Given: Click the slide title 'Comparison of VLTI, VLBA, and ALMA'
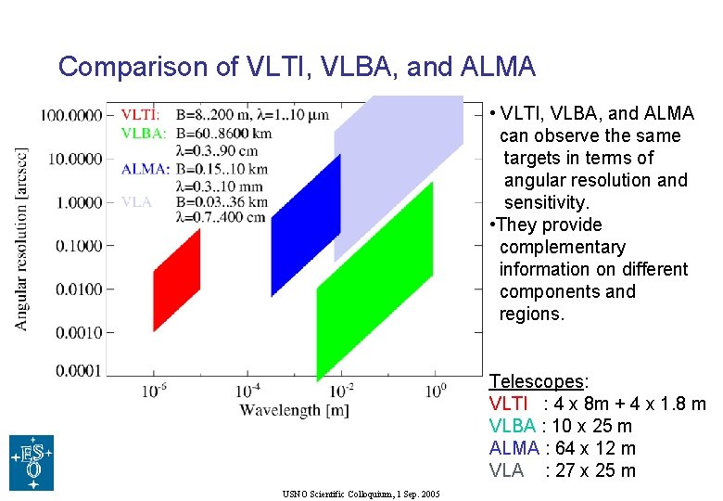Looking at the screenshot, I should tap(297, 67).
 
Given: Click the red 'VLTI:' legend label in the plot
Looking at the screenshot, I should tap(140, 115).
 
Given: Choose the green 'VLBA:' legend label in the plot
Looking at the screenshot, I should tap(144, 134).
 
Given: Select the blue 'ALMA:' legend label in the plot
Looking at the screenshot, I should tap(145, 169).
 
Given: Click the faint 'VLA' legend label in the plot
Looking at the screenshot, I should tap(135, 202).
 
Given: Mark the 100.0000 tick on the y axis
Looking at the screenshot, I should tap(70, 115).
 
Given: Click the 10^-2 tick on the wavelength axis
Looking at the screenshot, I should tap(341, 391).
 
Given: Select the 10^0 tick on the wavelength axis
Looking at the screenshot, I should tap(437, 391).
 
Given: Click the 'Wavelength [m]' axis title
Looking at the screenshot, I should tap(294, 409).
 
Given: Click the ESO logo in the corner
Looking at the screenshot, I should tap(32, 462).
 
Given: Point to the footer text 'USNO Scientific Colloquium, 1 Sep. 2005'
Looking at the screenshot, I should tap(361, 494).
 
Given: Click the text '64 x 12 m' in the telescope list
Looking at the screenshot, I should tap(593, 448).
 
